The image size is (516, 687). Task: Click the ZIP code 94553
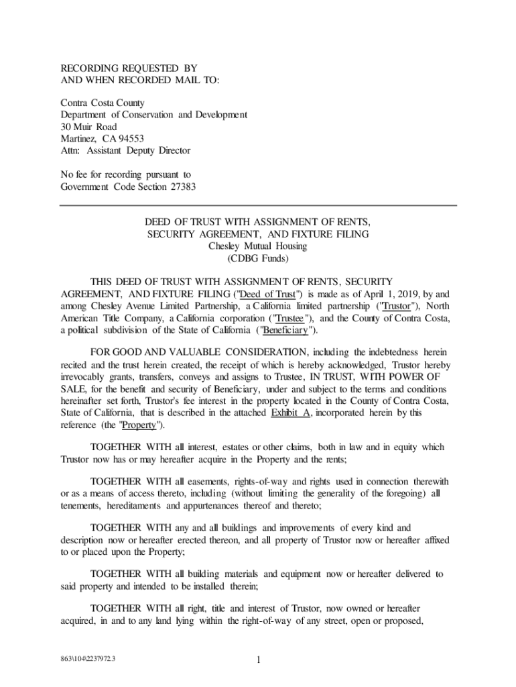pos(129,139)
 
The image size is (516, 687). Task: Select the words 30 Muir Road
pos(88,127)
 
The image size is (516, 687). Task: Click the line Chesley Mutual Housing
pos(258,246)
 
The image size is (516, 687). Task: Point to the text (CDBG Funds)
pos(258,258)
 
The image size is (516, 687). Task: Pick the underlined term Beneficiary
pos(285,330)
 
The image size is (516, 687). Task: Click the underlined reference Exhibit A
pos(290,413)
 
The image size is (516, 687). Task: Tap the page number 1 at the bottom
pos(258,660)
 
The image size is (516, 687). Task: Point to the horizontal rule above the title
pos(258,205)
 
